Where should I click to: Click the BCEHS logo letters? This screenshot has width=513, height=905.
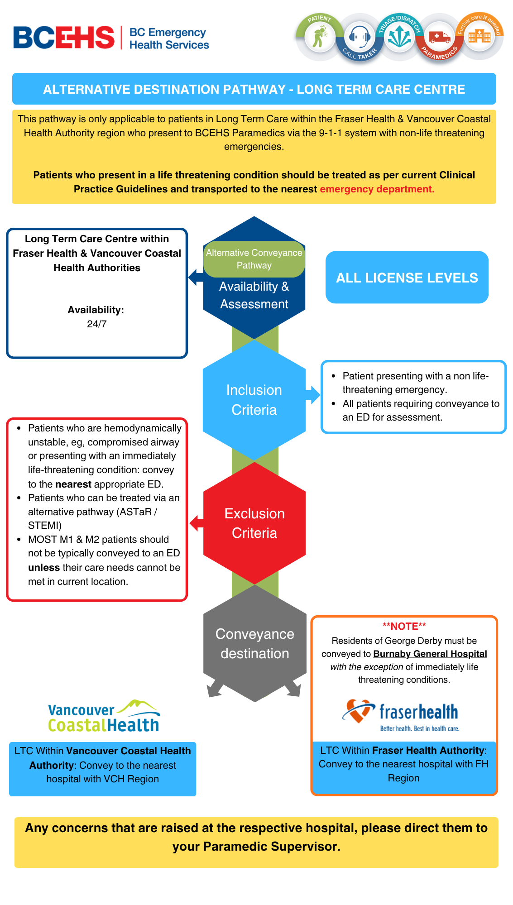(64, 38)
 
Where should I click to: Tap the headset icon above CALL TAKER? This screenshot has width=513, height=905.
(360, 36)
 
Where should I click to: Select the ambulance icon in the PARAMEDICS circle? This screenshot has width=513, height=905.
(439, 37)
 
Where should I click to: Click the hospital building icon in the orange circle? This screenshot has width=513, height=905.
(479, 36)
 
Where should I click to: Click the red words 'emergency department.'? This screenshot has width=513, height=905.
(377, 189)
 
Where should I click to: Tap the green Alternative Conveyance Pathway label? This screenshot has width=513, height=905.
(254, 259)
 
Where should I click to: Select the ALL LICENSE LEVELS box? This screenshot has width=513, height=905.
(407, 278)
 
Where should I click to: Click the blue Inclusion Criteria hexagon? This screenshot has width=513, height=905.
(254, 400)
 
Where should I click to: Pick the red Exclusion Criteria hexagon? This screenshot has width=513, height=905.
(254, 523)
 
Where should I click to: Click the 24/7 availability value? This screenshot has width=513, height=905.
(97, 324)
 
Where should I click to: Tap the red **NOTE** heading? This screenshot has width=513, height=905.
(404, 627)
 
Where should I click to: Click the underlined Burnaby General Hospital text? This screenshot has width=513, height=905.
(430, 654)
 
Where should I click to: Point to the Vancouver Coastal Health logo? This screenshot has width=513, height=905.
(104, 717)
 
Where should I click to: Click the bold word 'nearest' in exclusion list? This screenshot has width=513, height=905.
(73, 484)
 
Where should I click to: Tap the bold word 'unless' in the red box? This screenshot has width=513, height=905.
(44, 568)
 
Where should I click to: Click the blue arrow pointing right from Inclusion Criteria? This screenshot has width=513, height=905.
(313, 394)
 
